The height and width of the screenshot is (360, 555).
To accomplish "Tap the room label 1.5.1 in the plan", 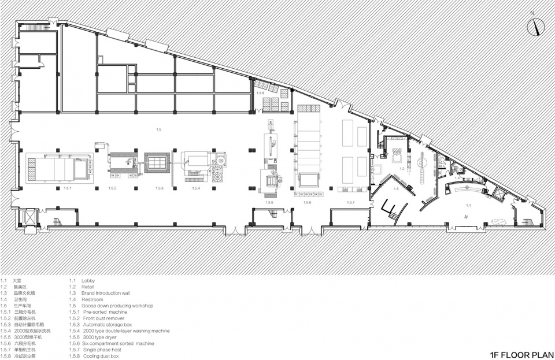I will pyautogui.click(x=67, y=189).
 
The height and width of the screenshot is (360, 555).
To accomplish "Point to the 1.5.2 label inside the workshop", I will pyautogui.click(x=112, y=189).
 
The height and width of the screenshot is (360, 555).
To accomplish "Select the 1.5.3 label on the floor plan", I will pyautogui.click(x=160, y=189).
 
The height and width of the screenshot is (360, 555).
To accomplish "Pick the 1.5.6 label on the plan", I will pyautogui.click(x=307, y=203).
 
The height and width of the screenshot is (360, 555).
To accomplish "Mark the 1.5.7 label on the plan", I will pyautogui.click(x=350, y=203).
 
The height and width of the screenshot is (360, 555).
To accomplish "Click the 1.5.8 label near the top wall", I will pyautogui.click(x=260, y=93).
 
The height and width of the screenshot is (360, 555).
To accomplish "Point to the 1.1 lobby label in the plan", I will pyautogui.click(x=468, y=205).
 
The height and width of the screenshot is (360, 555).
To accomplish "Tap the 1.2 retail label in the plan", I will pyautogui.click(x=401, y=168).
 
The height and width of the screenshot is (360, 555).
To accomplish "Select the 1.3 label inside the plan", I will pyautogui.click(x=396, y=189).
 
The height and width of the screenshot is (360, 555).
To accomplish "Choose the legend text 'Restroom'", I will pyautogui.click(x=95, y=299).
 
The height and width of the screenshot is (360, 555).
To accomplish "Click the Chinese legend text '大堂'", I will pyautogui.click(x=24, y=280).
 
